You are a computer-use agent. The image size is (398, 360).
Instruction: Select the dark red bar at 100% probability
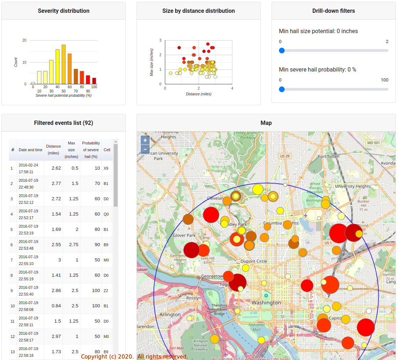pyautogui.click(x=94, y=81)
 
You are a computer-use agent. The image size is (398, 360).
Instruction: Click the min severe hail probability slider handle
pyautogui.click(x=282, y=89)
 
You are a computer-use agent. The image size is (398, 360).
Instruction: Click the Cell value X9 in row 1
pyautogui.click(x=106, y=168)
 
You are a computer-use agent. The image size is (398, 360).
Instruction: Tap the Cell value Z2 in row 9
pyautogui.click(x=106, y=291)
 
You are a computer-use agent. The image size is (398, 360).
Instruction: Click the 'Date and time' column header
pyautogui.click(x=31, y=150)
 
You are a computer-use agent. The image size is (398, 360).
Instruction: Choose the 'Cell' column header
pyautogui.click(x=107, y=150)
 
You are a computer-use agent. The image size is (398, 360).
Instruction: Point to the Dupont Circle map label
pyautogui.click(x=254, y=261)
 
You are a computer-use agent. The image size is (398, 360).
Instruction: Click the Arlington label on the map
pyautogui.click(x=170, y=314)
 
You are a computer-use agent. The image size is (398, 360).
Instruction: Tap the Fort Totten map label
pyautogui.click(x=329, y=157)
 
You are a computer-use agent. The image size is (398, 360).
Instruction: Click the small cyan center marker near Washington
pyautogui.click(x=266, y=296)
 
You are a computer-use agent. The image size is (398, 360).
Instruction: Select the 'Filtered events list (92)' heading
pyautogui.click(x=64, y=123)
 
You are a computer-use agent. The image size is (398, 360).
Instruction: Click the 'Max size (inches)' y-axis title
pyautogui.click(x=151, y=62)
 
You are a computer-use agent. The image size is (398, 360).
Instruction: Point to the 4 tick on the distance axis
pyautogui.click(x=232, y=88)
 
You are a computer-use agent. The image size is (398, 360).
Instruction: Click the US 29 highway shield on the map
pyautogui.click(x=285, y=156)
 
